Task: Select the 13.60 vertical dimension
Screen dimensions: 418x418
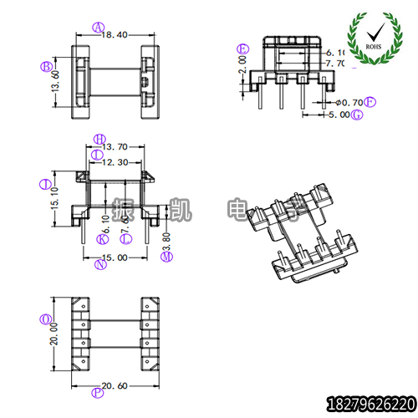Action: pos(56,85)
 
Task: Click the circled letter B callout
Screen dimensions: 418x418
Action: pos(47,66)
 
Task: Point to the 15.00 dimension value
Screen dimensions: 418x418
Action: pos(115,257)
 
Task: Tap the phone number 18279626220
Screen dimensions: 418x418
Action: pos(369,403)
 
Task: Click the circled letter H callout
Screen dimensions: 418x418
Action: pos(99,138)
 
